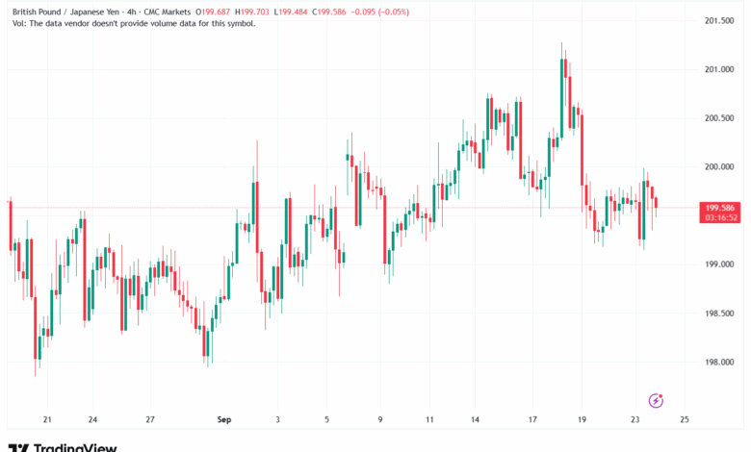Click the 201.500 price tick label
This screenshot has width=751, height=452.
pos(720,20)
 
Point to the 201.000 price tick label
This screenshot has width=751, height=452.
pos(720,69)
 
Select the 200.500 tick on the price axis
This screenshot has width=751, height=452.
pos(720,118)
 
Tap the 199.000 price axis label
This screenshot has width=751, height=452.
pos(720,264)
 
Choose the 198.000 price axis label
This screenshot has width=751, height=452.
pos(720,363)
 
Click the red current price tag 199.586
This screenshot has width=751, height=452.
pos(721,207)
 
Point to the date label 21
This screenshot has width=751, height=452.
pos(47,420)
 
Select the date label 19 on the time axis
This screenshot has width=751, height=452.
pos(583,420)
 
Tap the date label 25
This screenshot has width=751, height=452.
pos(684,420)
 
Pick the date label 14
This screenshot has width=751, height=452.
pos(475,420)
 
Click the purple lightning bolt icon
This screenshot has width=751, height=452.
pos(657,400)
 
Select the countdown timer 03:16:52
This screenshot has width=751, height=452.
pos(721,217)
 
